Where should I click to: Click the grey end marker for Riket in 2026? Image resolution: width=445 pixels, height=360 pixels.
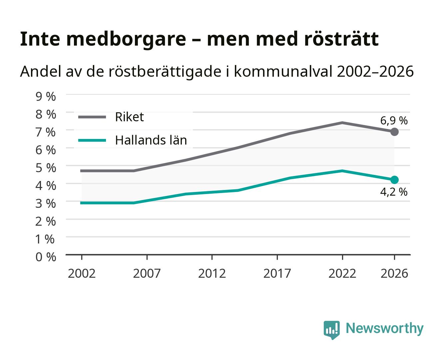pyautogui.click(x=394, y=132)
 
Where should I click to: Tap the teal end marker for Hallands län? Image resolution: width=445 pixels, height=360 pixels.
pyautogui.click(x=394, y=180)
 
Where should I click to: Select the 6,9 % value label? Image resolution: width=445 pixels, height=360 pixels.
pyautogui.click(x=394, y=121)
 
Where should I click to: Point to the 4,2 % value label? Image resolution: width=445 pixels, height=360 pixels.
pyautogui.click(x=394, y=192)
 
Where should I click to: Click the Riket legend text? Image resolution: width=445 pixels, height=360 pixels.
pyautogui.click(x=129, y=117)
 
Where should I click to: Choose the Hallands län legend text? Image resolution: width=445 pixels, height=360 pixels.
pyautogui.click(x=151, y=140)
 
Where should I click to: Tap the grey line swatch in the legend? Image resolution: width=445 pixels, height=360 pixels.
pyautogui.click(x=92, y=117)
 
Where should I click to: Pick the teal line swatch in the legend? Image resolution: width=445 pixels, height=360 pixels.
pyautogui.click(x=92, y=140)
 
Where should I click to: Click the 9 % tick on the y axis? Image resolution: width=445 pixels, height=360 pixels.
pyautogui.click(x=46, y=97)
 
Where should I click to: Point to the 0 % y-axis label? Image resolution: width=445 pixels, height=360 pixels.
pyautogui.click(x=46, y=257)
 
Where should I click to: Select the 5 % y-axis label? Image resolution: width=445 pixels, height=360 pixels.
pyautogui.click(x=46, y=168)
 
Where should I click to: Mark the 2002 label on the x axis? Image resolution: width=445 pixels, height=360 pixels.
pyautogui.click(x=82, y=273)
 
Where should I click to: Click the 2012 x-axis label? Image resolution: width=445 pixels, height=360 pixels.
pyautogui.click(x=212, y=273)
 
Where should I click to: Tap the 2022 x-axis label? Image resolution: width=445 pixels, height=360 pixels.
pyautogui.click(x=342, y=273)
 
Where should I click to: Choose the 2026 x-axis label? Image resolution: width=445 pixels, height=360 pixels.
pyautogui.click(x=394, y=273)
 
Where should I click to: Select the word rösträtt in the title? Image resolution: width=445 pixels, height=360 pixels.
pyautogui.click(x=341, y=39)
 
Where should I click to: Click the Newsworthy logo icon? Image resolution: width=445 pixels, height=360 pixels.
pyautogui.click(x=331, y=330)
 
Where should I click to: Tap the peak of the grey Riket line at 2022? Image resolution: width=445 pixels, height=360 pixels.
pyautogui.click(x=342, y=123)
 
